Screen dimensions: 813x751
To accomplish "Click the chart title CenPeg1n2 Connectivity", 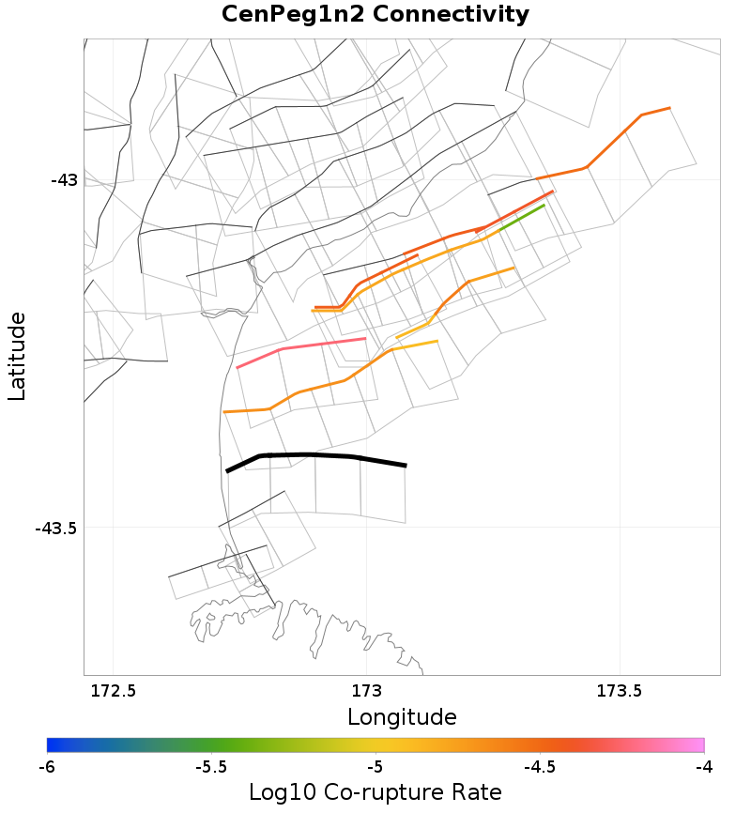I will coord(375,15).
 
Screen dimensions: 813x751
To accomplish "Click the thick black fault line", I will coord(310,455).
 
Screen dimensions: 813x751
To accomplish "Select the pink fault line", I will coord(300,347).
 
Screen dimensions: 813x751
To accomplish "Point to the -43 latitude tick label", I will coord(64,180).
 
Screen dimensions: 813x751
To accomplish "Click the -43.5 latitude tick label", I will coord(55,529).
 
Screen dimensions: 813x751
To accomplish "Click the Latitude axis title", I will coord(17,358).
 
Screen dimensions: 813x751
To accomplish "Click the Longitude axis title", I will coord(402,718).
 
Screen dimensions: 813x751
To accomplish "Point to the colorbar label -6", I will coord(47,767).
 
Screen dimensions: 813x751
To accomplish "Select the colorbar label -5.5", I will coord(210,767).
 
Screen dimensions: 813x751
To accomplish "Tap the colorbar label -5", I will coord(375,767).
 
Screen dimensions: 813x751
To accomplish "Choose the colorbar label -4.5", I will coord(539,767).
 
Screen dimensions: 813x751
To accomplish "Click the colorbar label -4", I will coord(703,767).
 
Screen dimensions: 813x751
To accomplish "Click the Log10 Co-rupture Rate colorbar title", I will coord(375,792).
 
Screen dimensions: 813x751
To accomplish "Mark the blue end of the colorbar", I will coord(52,745).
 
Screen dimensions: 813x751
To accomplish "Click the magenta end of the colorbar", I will coord(698,745).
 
